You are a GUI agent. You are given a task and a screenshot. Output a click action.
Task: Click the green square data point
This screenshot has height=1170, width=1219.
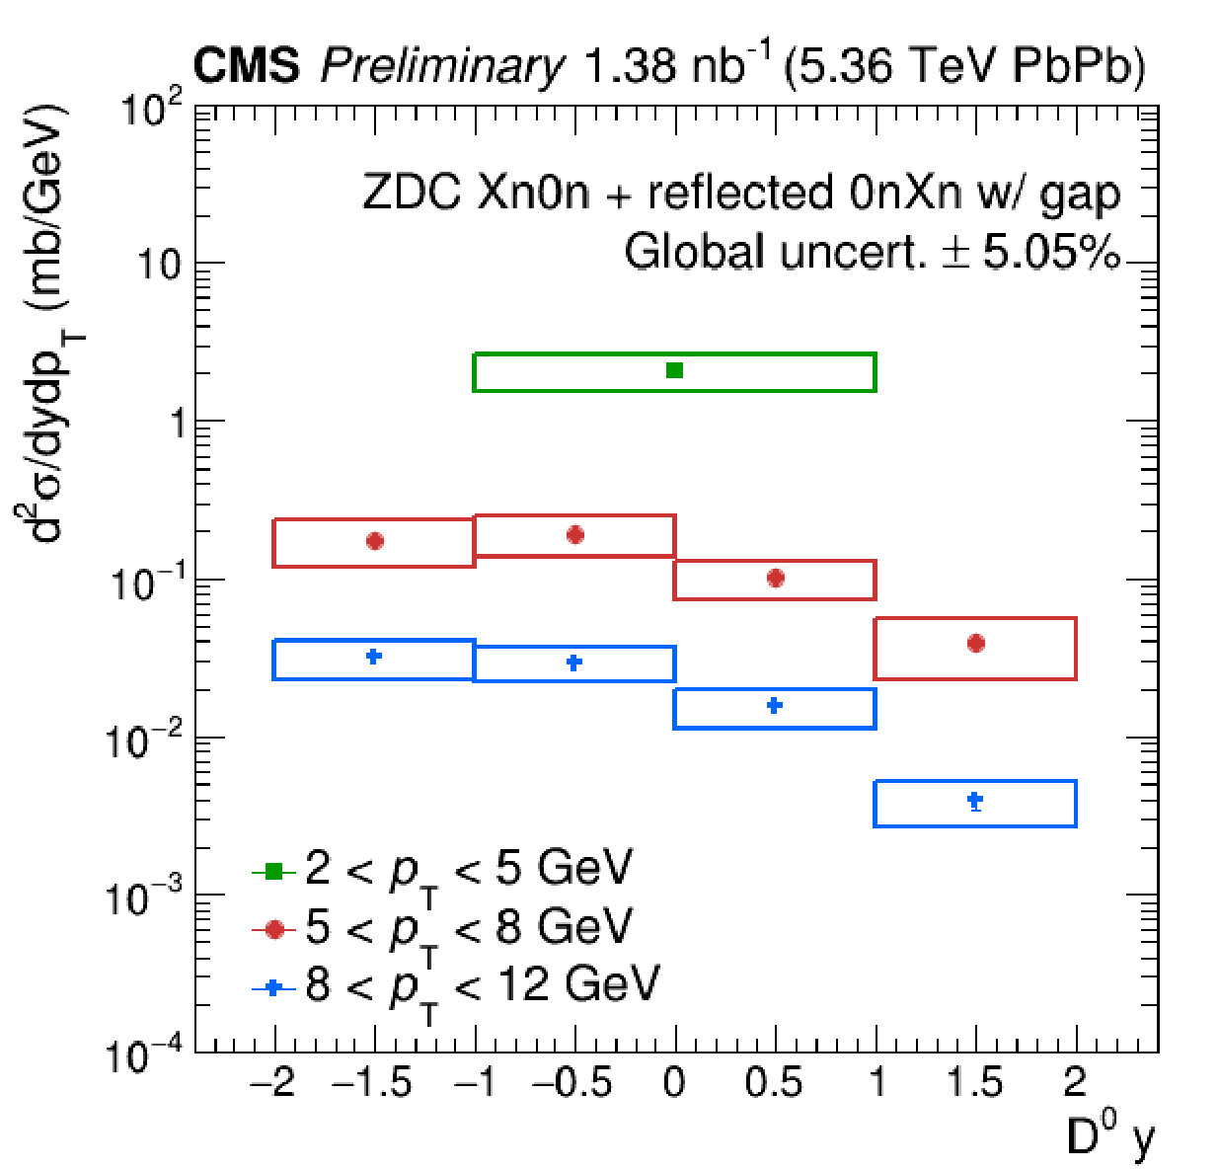(x=675, y=370)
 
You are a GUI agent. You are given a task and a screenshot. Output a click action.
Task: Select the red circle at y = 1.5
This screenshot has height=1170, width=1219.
(x=976, y=644)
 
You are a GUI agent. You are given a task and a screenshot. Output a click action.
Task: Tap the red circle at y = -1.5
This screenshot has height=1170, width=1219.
(x=374, y=541)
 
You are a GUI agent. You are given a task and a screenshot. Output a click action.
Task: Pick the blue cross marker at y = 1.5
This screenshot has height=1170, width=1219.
(x=975, y=800)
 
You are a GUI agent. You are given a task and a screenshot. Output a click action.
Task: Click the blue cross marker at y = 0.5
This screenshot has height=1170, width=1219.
(x=775, y=705)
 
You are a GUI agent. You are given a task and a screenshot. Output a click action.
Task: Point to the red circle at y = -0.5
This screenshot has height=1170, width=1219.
(x=575, y=535)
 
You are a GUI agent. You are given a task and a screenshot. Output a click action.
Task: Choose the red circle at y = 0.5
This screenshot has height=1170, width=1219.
(x=776, y=578)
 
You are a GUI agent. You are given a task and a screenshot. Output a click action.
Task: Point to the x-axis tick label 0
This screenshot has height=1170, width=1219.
(x=675, y=1083)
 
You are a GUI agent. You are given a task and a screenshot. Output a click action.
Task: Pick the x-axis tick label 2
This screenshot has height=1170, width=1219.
(x=1075, y=1083)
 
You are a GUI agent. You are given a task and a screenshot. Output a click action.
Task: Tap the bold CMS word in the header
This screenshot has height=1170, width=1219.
(x=246, y=67)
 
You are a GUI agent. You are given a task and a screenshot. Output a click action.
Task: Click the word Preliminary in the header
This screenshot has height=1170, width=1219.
(x=442, y=67)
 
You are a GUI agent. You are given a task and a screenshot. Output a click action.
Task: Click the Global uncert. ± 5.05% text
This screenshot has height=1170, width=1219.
(x=873, y=253)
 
